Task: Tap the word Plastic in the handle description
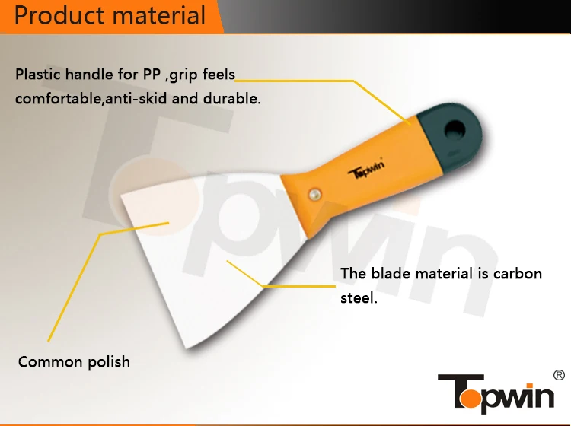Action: [x=40, y=75]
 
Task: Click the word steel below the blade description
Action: [x=359, y=298]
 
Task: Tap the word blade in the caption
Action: [x=391, y=273]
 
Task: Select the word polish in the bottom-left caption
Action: [x=108, y=362]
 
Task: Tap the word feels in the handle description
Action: [x=219, y=75]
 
